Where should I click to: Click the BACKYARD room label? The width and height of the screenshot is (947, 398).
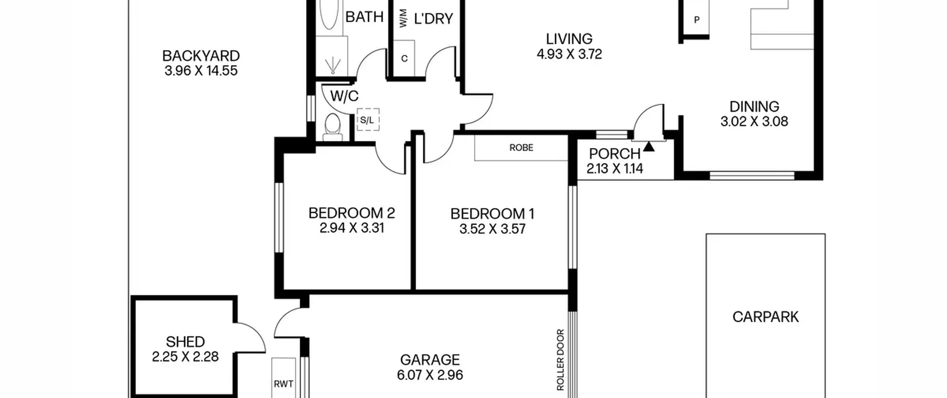[x=201, y=56]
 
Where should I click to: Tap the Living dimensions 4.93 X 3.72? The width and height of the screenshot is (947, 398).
[x=569, y=54]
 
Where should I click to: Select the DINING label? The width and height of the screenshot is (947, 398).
[x=754, y=107]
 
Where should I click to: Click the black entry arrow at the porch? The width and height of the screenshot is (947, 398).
[x=649, y=147]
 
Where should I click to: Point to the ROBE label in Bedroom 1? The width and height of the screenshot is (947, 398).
[x=521, y=148]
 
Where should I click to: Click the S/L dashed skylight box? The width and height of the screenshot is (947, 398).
[x=368, y=120]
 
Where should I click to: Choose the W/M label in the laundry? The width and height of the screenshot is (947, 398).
[x=403, y=18]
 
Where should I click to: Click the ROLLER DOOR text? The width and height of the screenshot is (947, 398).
[x=560, y=360]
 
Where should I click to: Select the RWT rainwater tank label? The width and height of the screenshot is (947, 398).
[x=283, y=384]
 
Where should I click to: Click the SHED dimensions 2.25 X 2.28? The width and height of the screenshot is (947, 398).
[x=185, y=357]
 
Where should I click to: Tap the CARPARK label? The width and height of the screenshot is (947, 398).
[x=765, y=317]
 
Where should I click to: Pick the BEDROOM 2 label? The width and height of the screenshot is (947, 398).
[x=351, y=213]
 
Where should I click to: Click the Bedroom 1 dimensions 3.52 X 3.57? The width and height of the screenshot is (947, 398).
[x=492, y=229]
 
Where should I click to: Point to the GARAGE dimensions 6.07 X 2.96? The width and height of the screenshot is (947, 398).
[x=430, y=375]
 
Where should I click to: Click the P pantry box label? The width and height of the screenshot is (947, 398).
[x=697, y=20]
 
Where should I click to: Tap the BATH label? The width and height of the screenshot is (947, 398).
[x=364, y=17]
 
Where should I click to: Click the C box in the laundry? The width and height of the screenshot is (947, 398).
[x=404, y=58]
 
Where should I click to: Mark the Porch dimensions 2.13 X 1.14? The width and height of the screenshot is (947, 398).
[x=615, y=169]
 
